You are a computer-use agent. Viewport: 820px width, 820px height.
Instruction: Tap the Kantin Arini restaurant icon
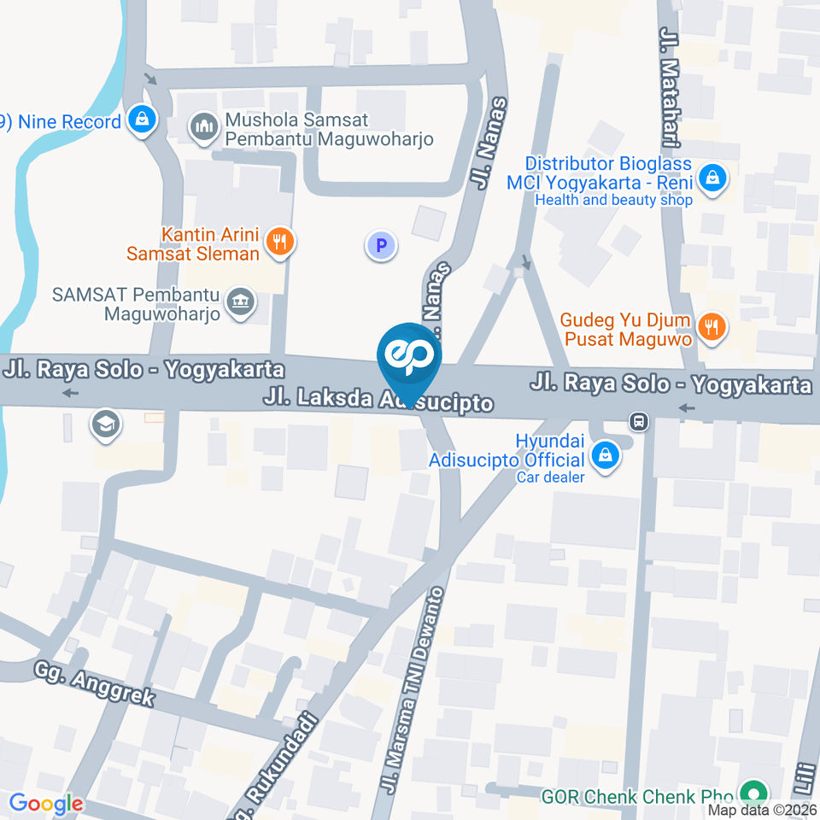[279, 242]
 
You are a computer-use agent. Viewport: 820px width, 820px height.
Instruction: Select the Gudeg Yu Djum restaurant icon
[711, 325]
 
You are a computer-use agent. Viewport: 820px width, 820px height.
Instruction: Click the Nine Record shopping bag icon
[142, 120]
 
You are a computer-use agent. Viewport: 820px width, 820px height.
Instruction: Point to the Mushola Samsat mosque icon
[203, 128]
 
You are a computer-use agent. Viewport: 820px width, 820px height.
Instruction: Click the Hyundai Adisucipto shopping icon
[606, 454]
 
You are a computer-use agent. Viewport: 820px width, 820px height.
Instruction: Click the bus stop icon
[638, 421]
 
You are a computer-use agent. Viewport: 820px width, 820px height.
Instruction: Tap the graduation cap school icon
[106, 424]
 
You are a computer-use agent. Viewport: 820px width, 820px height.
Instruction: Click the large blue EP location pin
[409, 360]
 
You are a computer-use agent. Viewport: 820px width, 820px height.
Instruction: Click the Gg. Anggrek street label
[95, 683]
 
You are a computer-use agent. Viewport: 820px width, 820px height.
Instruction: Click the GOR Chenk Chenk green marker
[753, 794]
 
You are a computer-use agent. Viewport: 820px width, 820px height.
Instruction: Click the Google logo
[46, 803]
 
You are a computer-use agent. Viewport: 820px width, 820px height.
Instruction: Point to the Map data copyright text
[763, 810]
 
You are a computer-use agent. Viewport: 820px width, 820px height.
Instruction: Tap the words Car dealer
[550, 477]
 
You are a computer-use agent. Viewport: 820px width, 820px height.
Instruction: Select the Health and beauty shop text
[613, 200]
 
